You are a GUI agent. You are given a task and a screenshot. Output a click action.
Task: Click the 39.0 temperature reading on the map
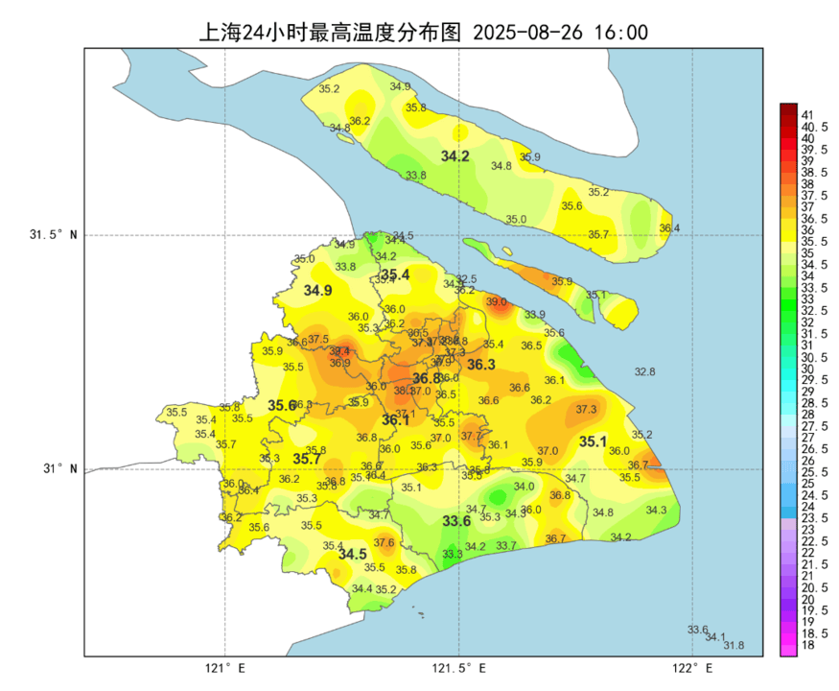[496, 301]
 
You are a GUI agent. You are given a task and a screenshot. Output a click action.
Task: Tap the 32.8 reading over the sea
[644, 371]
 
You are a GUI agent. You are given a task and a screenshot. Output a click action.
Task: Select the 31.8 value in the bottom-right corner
[734, 646]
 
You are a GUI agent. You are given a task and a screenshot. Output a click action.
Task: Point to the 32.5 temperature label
[466, 279]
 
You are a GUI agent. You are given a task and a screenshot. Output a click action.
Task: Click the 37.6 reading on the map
[384, 542]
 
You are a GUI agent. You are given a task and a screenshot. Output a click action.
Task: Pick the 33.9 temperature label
[534, 315]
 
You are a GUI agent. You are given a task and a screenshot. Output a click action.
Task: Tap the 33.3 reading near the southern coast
[453, 555]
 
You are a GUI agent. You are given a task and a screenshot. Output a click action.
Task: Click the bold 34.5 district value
[352, 555]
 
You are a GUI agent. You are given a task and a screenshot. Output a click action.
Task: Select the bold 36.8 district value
[427, 378]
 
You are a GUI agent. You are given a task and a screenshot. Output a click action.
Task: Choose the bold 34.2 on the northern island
[454, 155]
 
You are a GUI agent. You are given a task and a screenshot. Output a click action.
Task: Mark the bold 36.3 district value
[480, 365]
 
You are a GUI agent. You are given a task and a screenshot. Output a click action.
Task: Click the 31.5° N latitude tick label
[53, 235]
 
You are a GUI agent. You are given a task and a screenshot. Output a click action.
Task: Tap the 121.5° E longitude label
[458, 668]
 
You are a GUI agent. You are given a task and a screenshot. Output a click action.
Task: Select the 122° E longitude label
[693, 668]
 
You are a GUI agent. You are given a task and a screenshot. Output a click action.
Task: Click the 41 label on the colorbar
[807, 115]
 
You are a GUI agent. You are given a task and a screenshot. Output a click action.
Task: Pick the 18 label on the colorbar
[807, 646]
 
